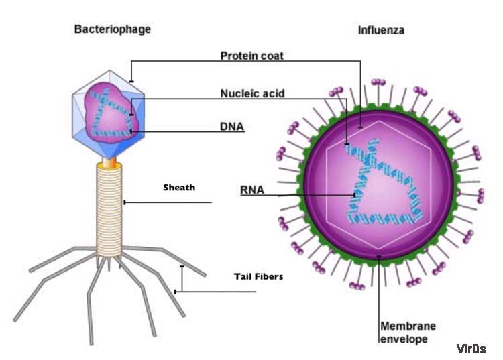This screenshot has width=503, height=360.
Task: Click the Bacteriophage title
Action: (x=112, y=29)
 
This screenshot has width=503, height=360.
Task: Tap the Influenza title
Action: (x=381, y=30)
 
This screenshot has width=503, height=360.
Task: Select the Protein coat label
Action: (x=251, y=56)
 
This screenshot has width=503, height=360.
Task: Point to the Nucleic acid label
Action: (x=252, y=93)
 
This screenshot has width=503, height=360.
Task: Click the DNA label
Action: (x=231, y=126)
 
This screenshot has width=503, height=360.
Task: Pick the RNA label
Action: (x=252, y=190)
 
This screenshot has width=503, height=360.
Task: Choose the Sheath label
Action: (x=179, y=188)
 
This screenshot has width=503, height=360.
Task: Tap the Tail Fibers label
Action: (x=259, y=276)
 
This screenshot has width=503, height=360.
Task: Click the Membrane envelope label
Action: (x=408, y=333)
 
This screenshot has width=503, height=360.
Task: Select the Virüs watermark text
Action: (x=471, y=349)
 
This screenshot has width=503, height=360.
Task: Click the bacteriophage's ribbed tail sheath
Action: (x=109, y=210)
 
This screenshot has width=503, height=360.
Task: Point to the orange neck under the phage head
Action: (x=109, y=162)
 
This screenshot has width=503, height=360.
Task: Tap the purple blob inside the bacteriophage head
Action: (x=111, y=111)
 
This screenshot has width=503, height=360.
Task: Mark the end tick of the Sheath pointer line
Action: (x=125, y=202)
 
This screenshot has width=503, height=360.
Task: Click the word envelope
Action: (x=404, y=339)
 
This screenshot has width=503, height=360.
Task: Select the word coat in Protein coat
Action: (x=272, y=56)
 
